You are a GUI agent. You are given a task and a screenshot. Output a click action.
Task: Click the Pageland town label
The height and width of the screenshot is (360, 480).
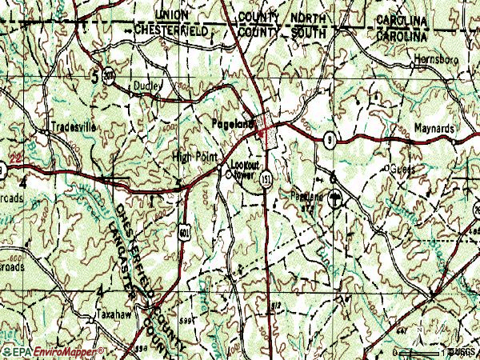point(233,124)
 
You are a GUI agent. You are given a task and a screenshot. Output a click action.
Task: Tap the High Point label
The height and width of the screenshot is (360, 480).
point(194,157)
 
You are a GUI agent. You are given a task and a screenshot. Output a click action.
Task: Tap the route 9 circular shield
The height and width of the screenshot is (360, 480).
point(329,140)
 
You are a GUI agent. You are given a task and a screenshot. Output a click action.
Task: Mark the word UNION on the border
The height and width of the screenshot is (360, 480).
point(173,15)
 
